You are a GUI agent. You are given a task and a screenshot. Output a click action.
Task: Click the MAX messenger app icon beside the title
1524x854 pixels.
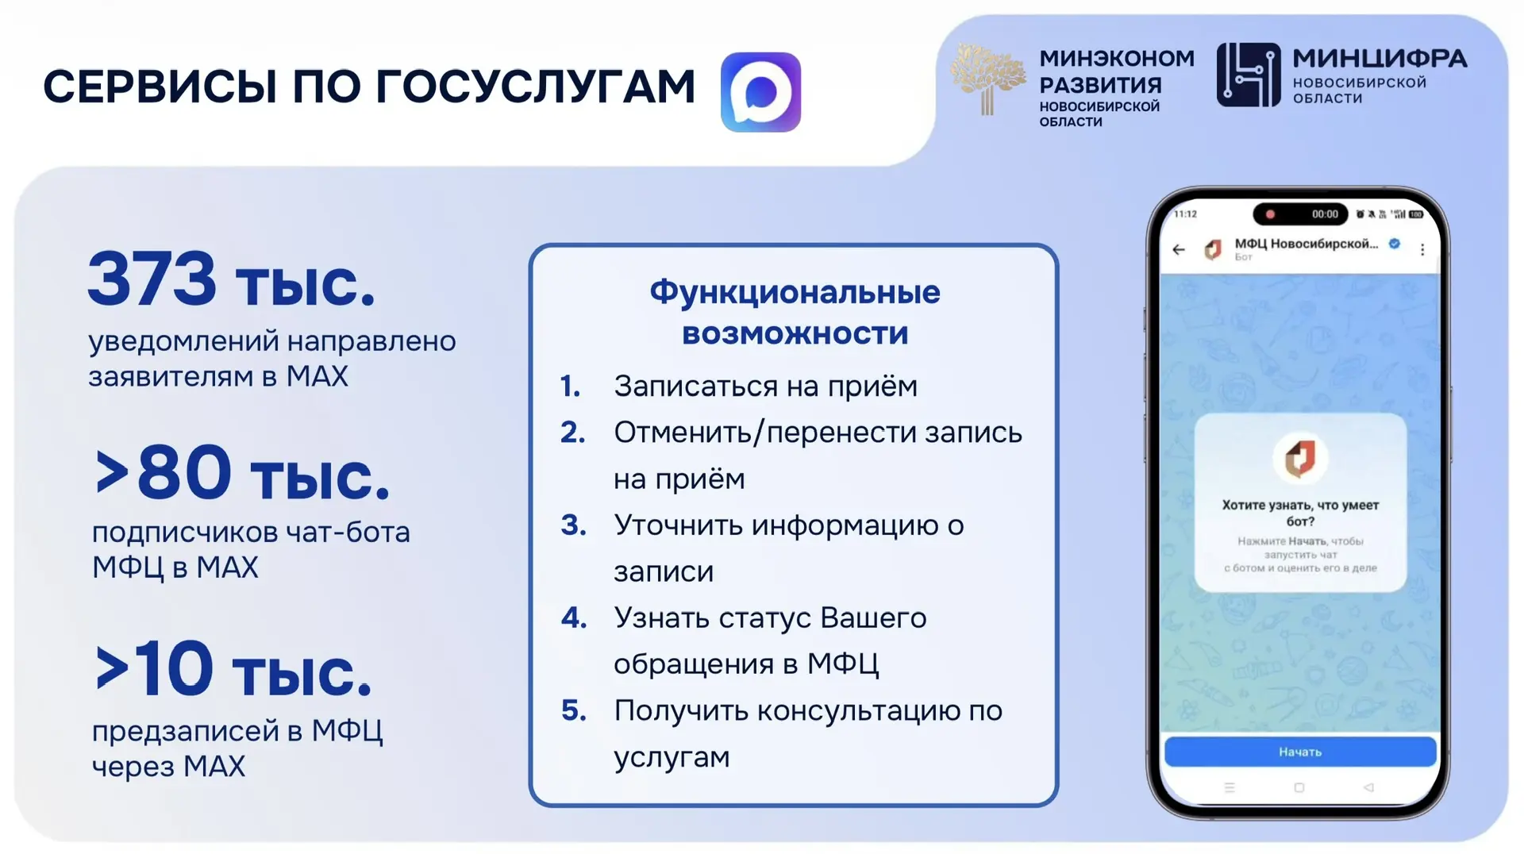tap(760, 92)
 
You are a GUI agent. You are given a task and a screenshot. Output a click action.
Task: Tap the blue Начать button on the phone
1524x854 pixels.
tap(1300, 752)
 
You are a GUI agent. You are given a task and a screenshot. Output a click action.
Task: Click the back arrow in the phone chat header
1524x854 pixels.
tap(1179, 249)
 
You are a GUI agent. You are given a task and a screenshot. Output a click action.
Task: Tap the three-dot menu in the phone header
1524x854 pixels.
tap(1422, 249)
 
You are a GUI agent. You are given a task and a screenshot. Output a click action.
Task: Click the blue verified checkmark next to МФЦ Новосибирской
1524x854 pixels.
tap(1395, 244)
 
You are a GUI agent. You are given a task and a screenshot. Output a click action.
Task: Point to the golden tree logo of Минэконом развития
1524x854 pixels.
tap(987, 80)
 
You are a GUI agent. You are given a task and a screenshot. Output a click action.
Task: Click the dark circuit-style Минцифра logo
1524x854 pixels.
tap(1249, 75)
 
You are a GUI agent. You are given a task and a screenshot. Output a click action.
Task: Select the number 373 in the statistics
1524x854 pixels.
tap(152, 279)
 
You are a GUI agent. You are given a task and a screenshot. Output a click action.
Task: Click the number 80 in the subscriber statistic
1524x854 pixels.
tap(184, 472)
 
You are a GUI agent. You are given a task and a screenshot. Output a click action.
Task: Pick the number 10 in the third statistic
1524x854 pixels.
tap(173, 668)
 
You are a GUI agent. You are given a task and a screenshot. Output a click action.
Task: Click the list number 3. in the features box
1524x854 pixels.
tap(574, 525)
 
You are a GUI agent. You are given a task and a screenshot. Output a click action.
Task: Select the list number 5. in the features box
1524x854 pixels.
tap(574, 710)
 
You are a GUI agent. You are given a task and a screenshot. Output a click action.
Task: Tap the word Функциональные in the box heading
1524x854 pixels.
tap(795, 293)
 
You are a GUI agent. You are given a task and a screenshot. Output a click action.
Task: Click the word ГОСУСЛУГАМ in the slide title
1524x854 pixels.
tap(536, 87)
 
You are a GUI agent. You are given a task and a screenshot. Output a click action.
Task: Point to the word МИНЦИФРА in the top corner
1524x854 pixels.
tap(1380, 58)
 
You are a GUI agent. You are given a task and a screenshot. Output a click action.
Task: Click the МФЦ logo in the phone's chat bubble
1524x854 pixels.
tap(1300, 458)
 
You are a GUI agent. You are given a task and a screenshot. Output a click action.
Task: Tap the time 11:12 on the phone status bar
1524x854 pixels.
tap(1185, 214)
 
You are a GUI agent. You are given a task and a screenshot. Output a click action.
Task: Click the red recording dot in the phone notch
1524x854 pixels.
tap(1270, 214)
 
